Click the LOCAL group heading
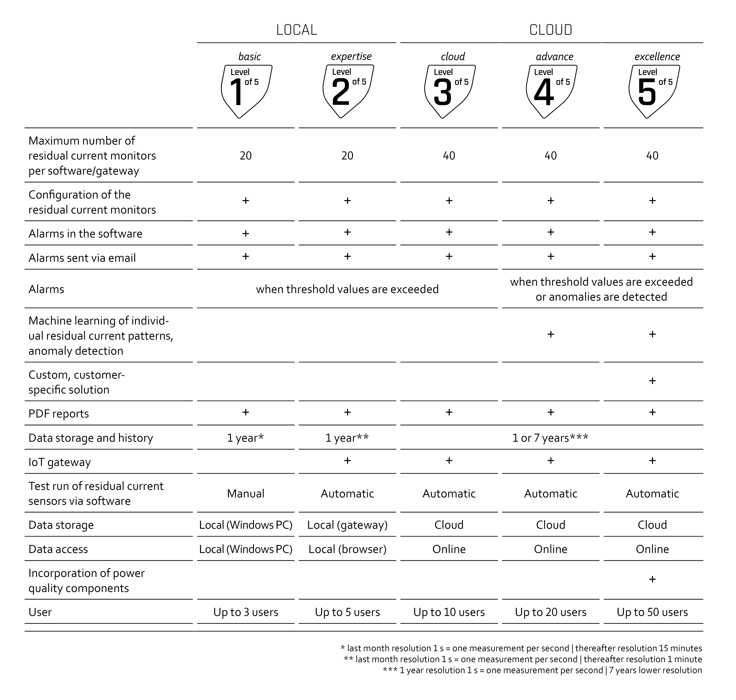coord(297,30)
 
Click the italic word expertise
coord(351,56)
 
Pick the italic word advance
coord(555,56)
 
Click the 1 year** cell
coord(347,438)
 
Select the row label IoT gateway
coord(60,462)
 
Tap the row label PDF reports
coord(59,414)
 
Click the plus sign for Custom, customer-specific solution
coord(652,381)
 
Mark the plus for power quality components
coord(652,579)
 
